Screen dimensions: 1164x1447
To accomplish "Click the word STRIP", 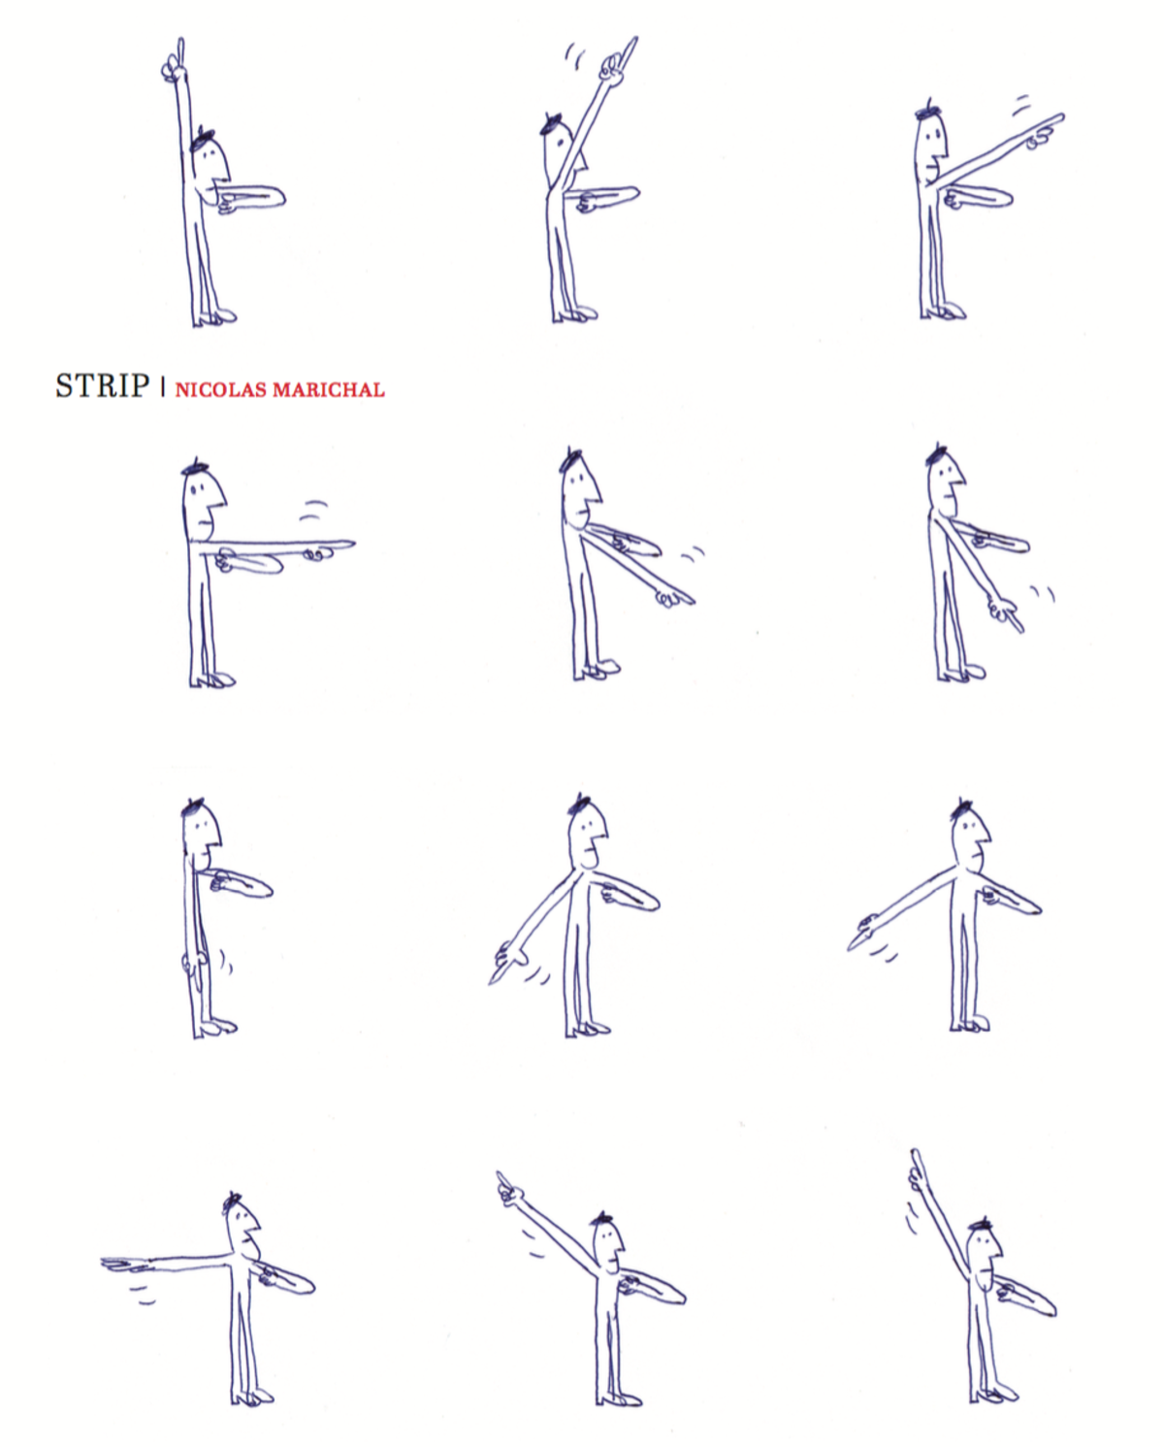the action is pos(102,386).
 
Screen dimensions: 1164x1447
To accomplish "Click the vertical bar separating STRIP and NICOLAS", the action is pos(163,387).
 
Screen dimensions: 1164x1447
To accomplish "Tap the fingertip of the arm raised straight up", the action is pos(180,41).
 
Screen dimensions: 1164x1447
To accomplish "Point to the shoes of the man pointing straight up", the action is pos(214,317).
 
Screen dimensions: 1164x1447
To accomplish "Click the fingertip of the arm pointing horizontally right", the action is pos(353,543).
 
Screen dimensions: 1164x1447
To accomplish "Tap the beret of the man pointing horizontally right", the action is pos(196,467).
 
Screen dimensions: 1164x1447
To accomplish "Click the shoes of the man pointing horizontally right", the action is pos(212,679).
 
